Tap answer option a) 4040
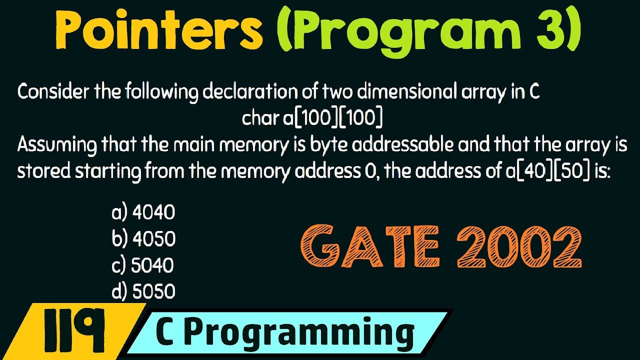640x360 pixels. coord(143,213)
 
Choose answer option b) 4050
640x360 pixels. coord(143,239)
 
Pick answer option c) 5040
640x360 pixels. coord(142,265)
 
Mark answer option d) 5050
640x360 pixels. coord(143,291)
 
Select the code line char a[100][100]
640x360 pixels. coord(312,118)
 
